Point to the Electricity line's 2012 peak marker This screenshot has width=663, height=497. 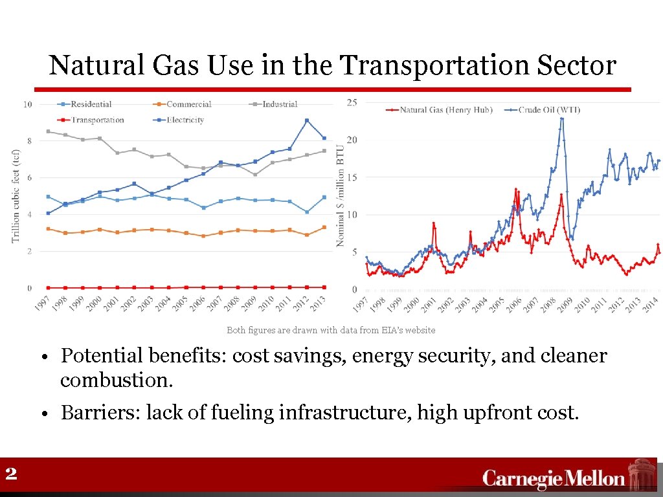pos(307,120)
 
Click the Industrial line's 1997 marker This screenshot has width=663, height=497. pos(48,131)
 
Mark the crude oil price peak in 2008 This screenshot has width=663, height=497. pos(562,118)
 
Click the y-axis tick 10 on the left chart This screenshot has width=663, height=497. pos(28,104)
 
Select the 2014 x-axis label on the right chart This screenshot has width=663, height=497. pos(651,305)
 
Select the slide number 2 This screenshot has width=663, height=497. pos(10,474)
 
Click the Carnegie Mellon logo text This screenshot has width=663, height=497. pos(554,479)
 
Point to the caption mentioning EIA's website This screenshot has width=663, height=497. pos(331,330)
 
